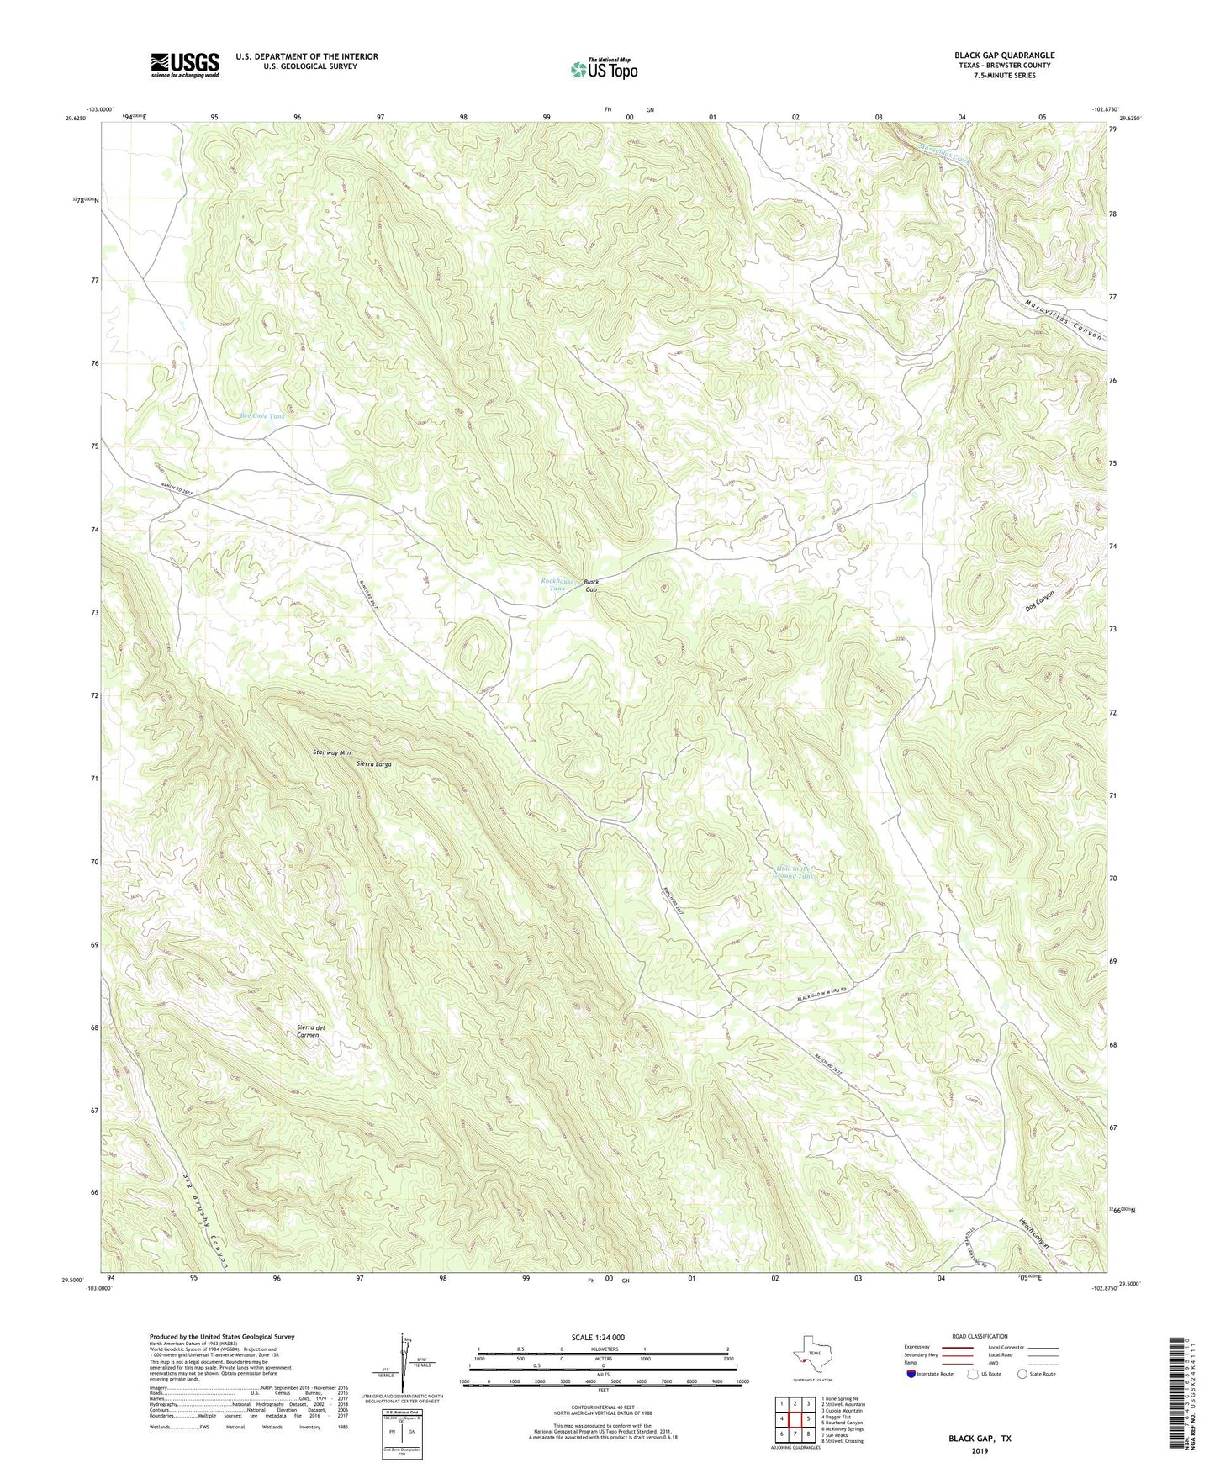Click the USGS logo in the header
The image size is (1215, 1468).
point(185,65)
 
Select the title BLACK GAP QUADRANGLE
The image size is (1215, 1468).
point(1004,55)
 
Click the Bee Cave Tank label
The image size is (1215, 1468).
point(262,416)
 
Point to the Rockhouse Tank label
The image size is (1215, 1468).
point(557,584)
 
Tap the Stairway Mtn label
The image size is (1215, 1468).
point(331,753)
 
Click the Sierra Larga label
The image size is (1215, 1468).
point(374,764)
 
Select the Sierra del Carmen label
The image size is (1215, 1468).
point(310,1032)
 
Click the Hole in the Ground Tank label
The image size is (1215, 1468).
point(793,873)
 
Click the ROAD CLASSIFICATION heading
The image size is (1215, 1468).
point(979,1336)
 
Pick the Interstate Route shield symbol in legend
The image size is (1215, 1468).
point(911,1375)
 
